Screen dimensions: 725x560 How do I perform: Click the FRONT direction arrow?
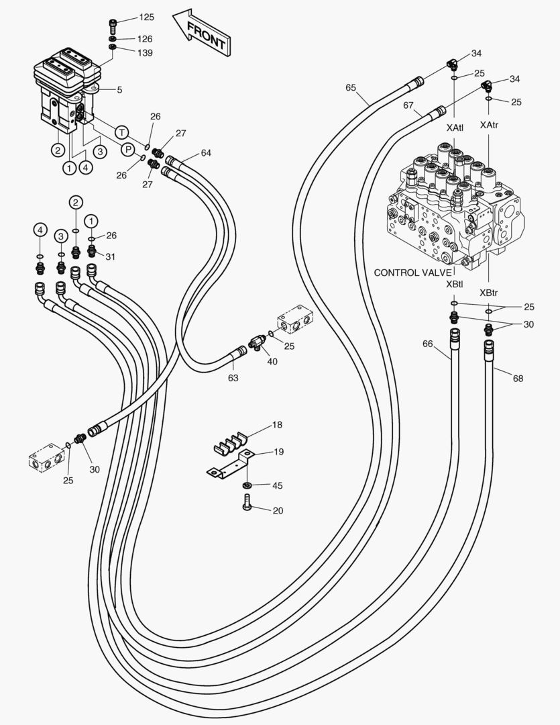pyautogui.click(x=201, y=33)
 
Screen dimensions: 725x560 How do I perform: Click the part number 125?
pyautogui.click(x=146, y=16)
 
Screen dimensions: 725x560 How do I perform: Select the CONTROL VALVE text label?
pyautogui.click(x=412, y=273)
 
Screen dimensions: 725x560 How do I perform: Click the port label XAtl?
pyautogui.click(x=454, y=126)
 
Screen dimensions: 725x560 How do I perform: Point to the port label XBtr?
pyautogui.click(x=488, y=293)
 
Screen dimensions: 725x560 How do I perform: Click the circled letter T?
pyautogui.click(x=121, y=132)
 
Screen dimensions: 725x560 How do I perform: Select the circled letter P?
pyautogui.click(x=127, y=149)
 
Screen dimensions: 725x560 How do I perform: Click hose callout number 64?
pyautogui.click(x=205, y=153)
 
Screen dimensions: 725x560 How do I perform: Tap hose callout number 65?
pyautogui.click(x=351, y=87)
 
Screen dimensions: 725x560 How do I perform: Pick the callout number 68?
pyautogui.click(x=518, y=379)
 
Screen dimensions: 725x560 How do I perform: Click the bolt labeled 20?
pyautogui.click(x=247, y=501)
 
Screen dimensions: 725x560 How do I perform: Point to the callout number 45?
pyautogui.click(x=277, y=485)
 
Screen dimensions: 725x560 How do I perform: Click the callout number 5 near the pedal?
pyautogui.click(x=119, y=89)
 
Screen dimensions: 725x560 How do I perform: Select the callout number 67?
pyautogui.click(x=408, y=105)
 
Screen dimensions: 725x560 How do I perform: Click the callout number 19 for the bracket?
pyautogui.click(x=278, y=452)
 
